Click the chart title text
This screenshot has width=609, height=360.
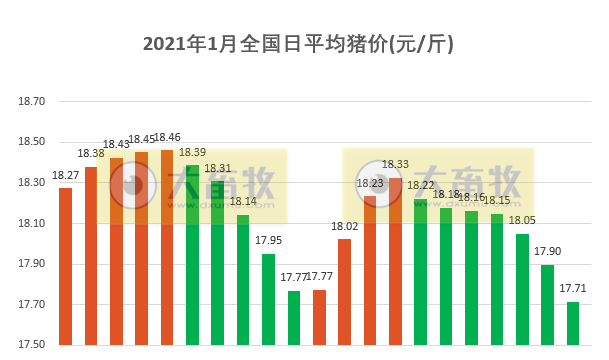point(299,44)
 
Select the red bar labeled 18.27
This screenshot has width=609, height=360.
point(66,266)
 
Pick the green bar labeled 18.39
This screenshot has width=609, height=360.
point(193,254)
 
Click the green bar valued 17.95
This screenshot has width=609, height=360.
point(268,299)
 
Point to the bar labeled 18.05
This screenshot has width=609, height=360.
point(522,289)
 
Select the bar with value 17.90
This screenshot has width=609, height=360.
point(548,304)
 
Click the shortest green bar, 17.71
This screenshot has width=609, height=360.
point(573,323)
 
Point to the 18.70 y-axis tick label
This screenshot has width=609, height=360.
point(33,101)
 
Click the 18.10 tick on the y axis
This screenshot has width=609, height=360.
point(33,223)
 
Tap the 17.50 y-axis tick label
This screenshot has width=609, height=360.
point(33,345)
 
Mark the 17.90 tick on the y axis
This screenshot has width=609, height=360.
point(33,264)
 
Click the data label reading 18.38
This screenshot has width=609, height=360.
point(91,153)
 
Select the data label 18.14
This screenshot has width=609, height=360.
point(244,201)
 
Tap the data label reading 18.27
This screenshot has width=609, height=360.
point(66,175)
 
